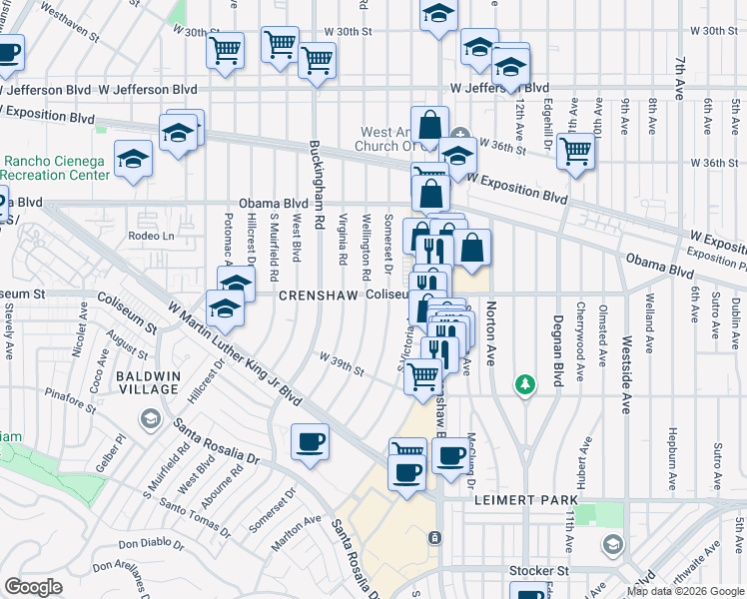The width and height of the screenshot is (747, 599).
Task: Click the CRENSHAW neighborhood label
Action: click(x=319, y=296)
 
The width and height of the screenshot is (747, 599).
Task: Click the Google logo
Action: click(x=33, y=587)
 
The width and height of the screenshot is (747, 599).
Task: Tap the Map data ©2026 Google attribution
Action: click(x=685, y=591)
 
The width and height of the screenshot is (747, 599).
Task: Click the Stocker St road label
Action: click(x=538, y=571)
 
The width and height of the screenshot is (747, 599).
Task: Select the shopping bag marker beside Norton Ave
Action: click(x=473, y=248)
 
